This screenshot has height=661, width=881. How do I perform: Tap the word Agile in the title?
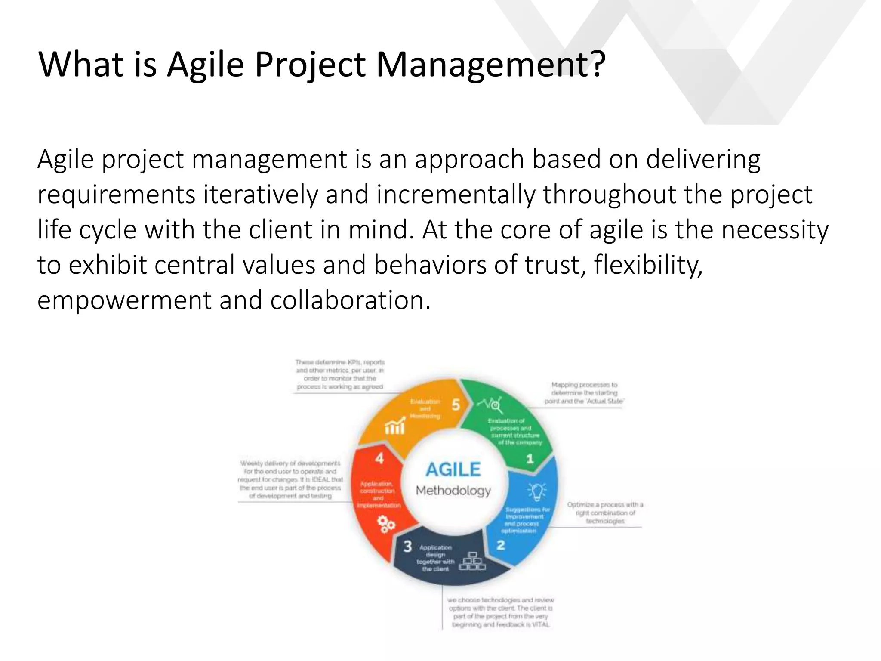point(206,65)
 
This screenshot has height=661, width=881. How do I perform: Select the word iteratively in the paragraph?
point(260,195)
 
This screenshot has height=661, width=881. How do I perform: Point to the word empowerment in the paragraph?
point(124,300)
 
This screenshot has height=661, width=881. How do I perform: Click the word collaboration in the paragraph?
point(350,300)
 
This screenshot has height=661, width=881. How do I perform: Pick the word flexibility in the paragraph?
point(648,265)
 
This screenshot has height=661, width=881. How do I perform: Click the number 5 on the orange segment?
point(456,405)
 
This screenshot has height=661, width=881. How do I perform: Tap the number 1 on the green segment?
point(530,459)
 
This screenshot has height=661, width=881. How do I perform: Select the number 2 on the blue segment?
point(501,546)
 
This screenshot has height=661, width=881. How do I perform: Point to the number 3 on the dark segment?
point(407,547)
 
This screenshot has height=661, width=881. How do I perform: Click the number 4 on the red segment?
point(379,458)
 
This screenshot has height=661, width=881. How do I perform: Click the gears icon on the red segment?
point(386,525)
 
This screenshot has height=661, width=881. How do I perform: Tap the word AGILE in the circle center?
point(453,469)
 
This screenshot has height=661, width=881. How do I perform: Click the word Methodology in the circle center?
point(453,491)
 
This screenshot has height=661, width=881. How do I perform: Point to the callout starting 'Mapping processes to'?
point(584,393)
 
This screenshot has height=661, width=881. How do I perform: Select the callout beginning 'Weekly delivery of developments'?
point(290,479)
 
